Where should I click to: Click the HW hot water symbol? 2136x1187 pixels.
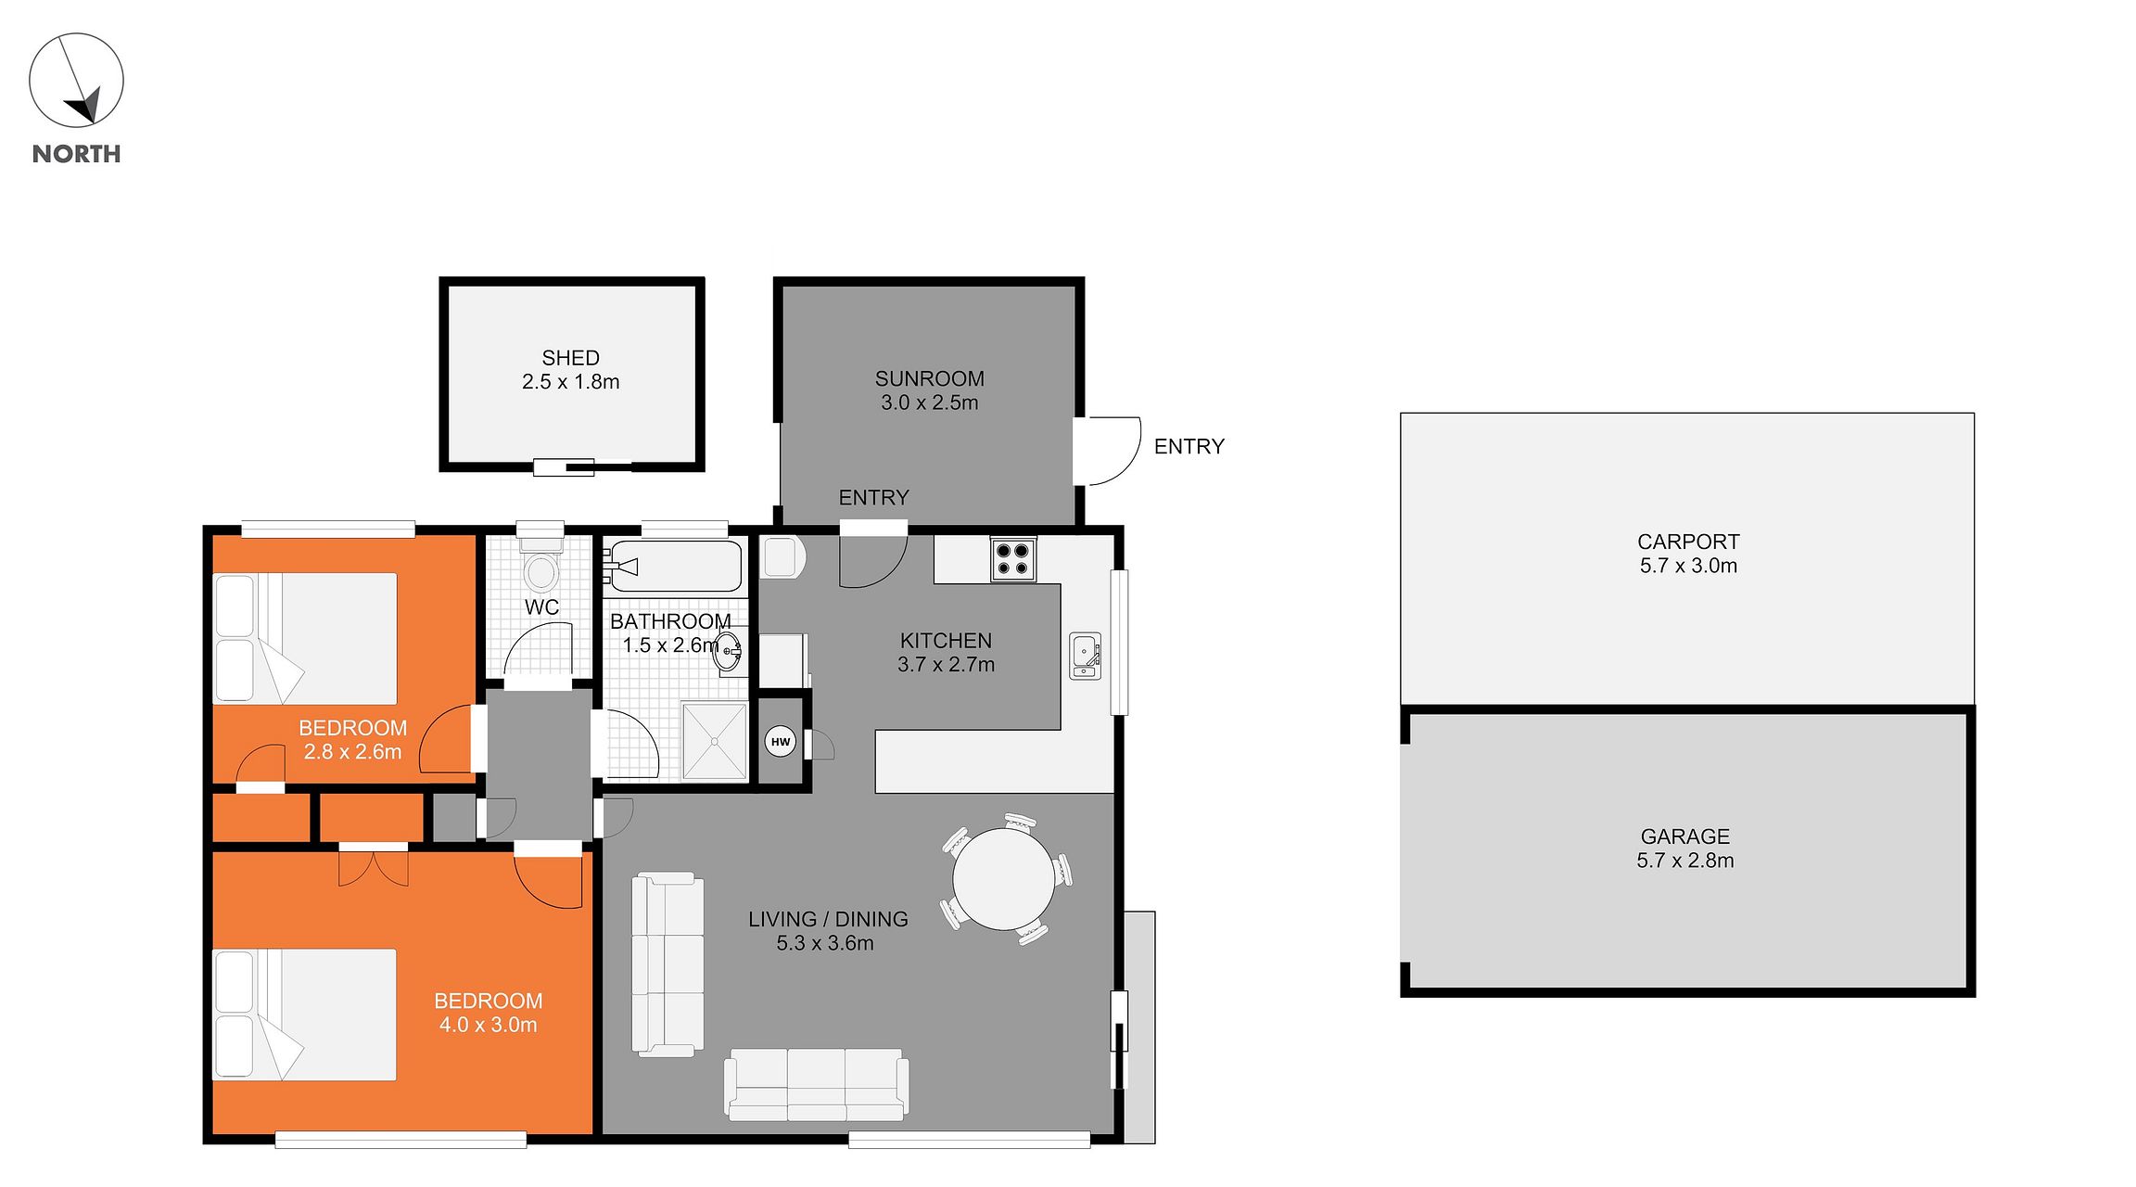781,742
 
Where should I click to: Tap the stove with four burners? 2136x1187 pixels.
1012,558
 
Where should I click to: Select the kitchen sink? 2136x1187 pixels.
1085,656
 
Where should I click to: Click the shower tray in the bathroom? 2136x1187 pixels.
714,741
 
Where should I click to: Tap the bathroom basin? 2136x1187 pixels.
730,651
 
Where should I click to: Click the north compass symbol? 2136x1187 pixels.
76,80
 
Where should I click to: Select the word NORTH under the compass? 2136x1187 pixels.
76,154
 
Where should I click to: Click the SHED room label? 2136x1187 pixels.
570,358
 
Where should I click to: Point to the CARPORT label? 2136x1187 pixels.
1688,542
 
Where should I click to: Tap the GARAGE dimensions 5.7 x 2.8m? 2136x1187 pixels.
1685,861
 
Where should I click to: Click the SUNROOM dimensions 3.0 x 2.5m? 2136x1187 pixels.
930,402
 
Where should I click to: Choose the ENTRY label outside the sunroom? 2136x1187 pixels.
1189,447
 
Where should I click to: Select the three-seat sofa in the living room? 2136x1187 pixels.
816,1084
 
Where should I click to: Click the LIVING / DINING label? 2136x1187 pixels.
828,919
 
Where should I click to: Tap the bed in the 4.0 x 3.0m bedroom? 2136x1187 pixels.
305,1015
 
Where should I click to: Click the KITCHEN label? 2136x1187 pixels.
946,641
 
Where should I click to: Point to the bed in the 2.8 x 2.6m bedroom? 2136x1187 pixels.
305,638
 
